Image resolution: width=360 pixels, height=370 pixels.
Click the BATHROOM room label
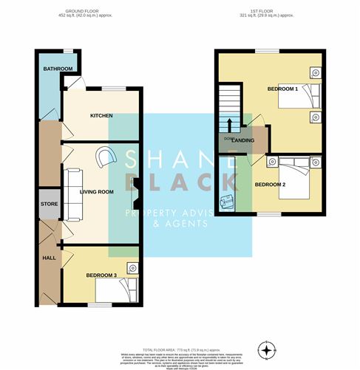coord(58,69)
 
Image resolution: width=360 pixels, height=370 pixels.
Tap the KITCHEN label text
coord(101,116)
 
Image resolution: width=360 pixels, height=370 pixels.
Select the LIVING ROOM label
coord(96,191)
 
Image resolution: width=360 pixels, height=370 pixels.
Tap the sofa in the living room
coord(72,194)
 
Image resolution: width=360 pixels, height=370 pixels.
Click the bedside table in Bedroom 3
coord(132,267)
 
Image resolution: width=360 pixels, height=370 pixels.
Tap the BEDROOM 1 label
coord(282,89)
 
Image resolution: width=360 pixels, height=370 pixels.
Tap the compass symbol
coord(267,347)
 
